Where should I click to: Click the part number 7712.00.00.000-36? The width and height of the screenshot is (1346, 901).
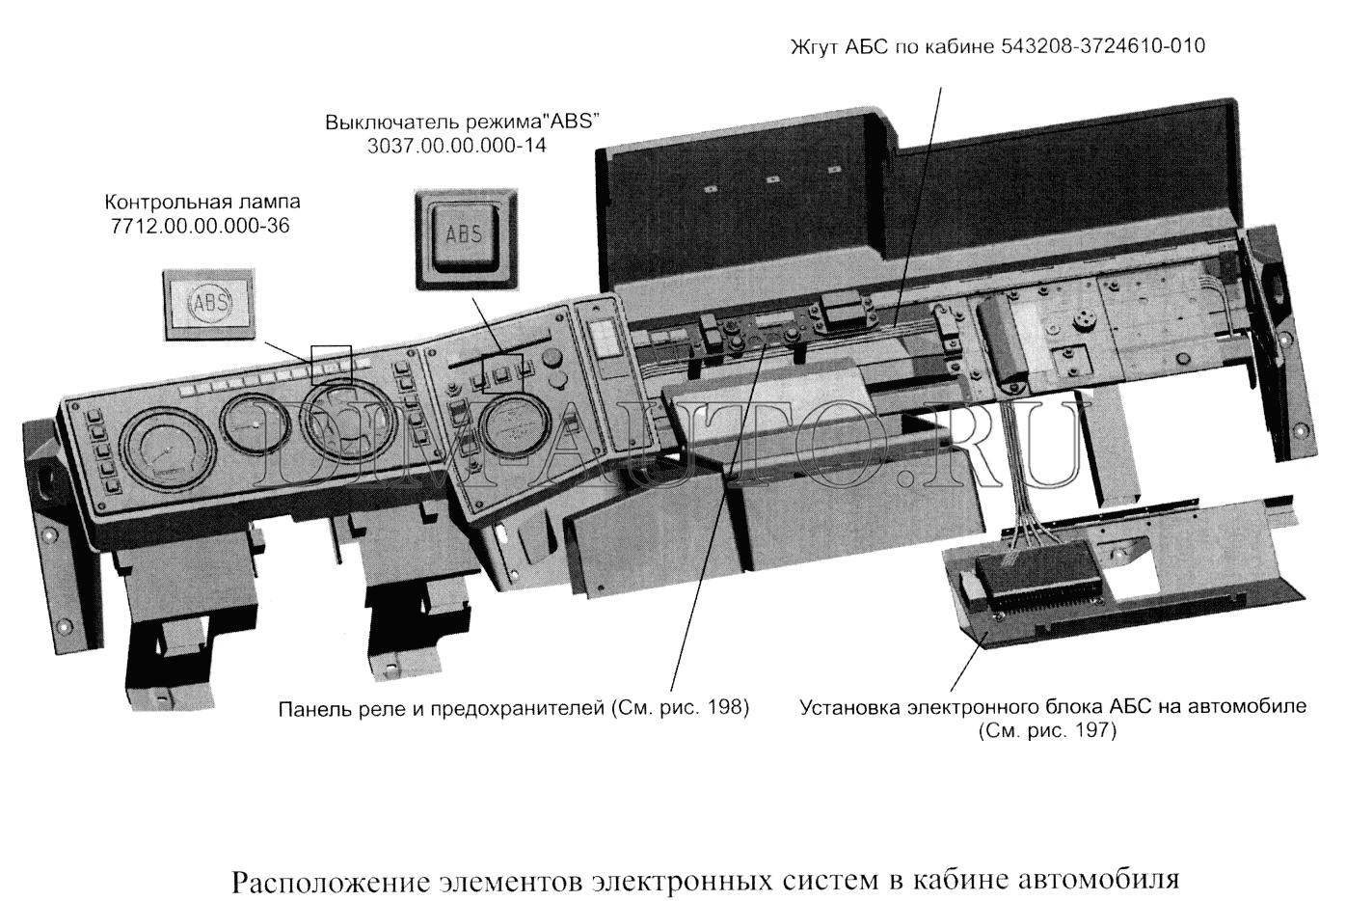point(201,226)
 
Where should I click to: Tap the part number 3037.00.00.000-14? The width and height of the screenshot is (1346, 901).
point(457,146)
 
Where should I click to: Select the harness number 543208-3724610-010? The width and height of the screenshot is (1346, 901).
point(1103,45)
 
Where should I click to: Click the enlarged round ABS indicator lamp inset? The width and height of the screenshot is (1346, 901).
point(209,304)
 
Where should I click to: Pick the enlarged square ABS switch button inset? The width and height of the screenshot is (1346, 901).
point(466,238)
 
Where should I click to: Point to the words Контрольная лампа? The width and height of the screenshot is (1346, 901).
point(202,202)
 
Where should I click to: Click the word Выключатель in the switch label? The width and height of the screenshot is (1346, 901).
point(392,122)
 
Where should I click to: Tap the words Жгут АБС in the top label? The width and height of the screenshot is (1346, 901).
point(839,46)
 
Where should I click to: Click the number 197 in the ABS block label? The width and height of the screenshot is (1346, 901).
point(1091,730)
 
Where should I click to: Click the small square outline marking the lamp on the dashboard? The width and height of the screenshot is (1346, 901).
point(331,365)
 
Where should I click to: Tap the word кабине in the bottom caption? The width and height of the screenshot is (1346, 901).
point(960,880)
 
